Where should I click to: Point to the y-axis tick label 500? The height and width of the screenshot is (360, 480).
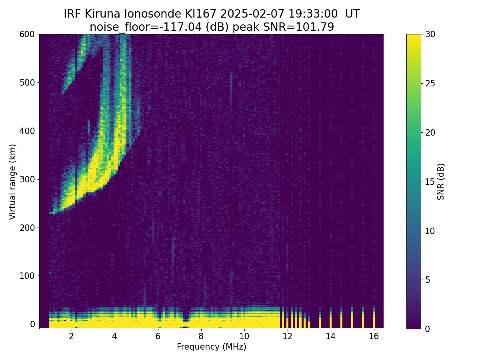click(27, 82)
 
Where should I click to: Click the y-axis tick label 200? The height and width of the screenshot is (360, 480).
click(27, 228)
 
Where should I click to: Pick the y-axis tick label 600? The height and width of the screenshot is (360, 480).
click(27, 34)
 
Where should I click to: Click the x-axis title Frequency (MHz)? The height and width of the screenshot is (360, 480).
click(212, 347)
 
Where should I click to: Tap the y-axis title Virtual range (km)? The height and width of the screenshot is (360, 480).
click(13, 182)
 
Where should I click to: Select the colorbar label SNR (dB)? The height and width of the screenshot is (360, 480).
click(441, 182)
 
